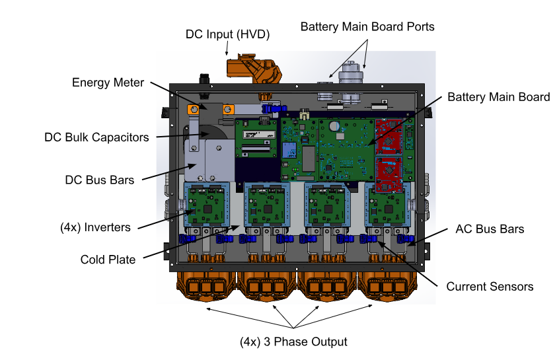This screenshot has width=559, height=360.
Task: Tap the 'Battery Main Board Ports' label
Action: click(x=367, y=26)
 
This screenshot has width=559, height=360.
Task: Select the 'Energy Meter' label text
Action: click(x=108, y=83)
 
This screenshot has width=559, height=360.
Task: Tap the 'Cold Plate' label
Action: click(x=108, y=260)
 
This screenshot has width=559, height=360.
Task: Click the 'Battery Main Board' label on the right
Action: click(x=498, y=97)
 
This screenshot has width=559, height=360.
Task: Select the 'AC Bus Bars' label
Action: click(x=490, y=229)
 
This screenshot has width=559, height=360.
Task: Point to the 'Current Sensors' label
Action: click(x=490, y=287)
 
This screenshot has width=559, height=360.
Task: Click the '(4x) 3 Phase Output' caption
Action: click(x=293, y=342)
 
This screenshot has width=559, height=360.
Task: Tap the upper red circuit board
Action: click(x=391, y=135)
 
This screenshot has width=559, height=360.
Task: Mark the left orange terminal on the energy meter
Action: click(x=194, y=109)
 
